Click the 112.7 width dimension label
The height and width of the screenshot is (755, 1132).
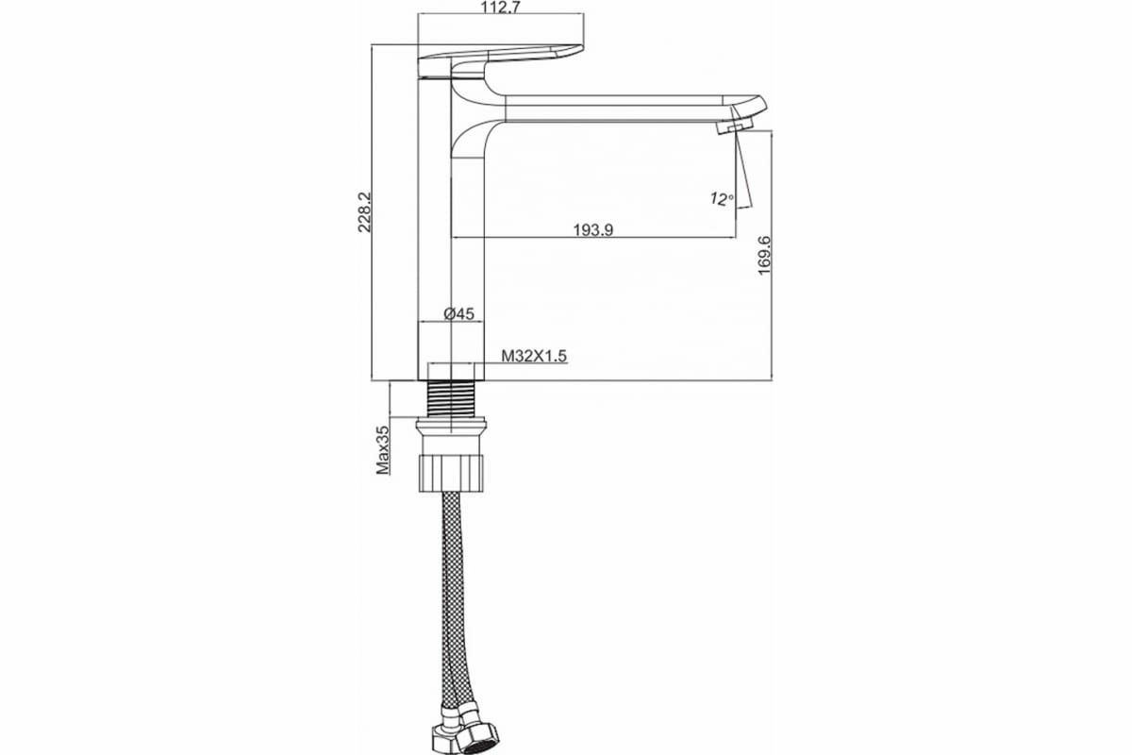click(500, 8)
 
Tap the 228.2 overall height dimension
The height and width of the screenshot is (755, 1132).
click(364, 212)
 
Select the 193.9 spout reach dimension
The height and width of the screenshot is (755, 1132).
click(592, 230)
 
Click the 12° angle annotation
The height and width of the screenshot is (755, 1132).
click(721, 199)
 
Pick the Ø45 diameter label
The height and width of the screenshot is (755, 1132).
click(458, 314)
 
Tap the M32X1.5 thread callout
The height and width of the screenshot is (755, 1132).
click(534, 356)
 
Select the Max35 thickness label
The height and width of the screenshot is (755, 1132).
click(383, 450)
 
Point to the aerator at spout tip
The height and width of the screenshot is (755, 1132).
click(735, 126)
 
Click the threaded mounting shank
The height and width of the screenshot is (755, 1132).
click(451, 398)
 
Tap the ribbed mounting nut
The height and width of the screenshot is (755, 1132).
click(451, 473)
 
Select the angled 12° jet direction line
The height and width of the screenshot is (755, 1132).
click(744, 170)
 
